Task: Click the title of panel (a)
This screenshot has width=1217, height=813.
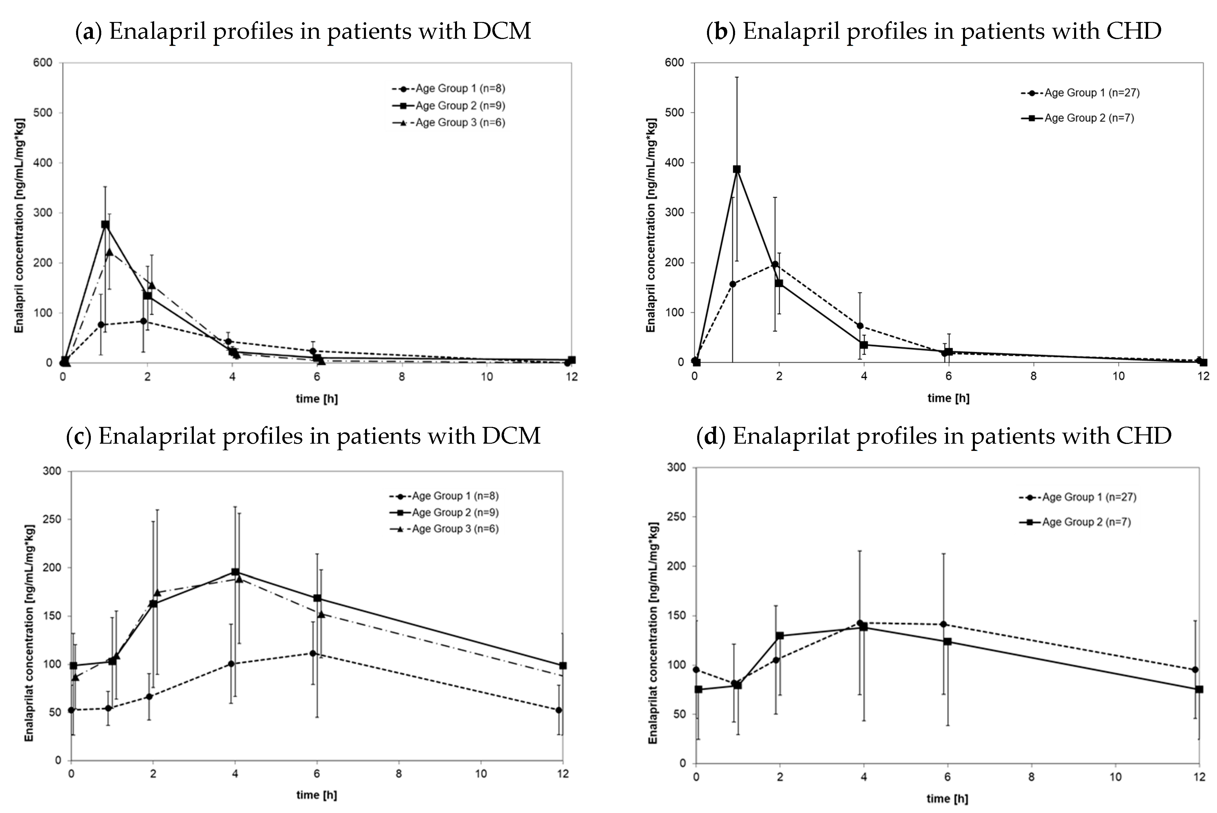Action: point(303,31)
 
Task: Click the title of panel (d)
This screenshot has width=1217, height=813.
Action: point(934,436)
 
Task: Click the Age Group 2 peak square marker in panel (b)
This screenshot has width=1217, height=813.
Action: point(736,169)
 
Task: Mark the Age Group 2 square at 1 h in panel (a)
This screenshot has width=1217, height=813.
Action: point(105,224)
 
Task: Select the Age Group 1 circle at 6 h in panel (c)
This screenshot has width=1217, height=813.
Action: point(313,653)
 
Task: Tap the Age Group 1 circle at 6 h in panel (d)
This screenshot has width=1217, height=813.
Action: point(943,624)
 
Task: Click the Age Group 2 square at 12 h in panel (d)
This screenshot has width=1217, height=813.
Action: point(1199,689)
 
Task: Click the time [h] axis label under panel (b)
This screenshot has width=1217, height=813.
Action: point(948,398)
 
